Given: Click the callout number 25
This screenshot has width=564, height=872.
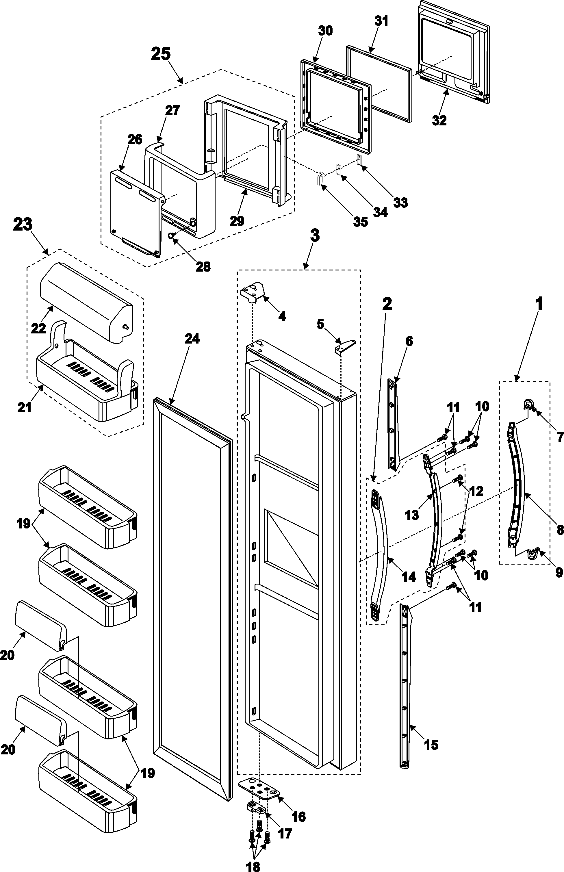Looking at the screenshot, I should tap(161, 54).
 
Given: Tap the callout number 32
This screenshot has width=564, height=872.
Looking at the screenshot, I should tap(439, 120).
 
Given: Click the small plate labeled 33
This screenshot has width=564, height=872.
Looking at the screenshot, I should tap(359, 159).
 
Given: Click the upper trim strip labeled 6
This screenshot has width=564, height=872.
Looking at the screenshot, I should tap(393, 425).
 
